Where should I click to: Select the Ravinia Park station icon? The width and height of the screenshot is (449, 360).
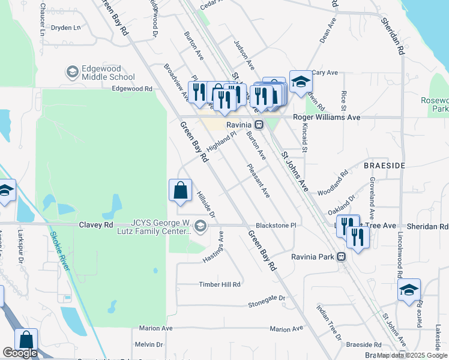click(x=341, y=257)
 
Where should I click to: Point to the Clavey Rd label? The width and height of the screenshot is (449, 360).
click(x=96, y=225)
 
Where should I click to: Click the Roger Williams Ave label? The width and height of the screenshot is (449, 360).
click(x=327, y=118)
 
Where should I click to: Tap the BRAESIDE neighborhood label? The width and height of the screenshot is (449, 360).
click(x=385, y=164)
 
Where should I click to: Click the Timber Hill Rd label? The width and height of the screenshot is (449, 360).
click(x=220, y=284)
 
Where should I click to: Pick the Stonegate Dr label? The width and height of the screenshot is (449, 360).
click(x=267, y=301)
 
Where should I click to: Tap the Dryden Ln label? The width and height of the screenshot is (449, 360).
click(x=66, y=28)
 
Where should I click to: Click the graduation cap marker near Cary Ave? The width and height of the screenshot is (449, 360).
click(x=301, y=82)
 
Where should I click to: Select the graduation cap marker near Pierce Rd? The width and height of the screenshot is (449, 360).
click(x=409, y=290)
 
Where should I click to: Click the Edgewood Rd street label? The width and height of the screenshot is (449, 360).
click(x=132, y=89)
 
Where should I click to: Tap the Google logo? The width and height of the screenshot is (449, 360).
click(x=20, y=353)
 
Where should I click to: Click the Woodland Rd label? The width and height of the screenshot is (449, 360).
click(x=334, y=182)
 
